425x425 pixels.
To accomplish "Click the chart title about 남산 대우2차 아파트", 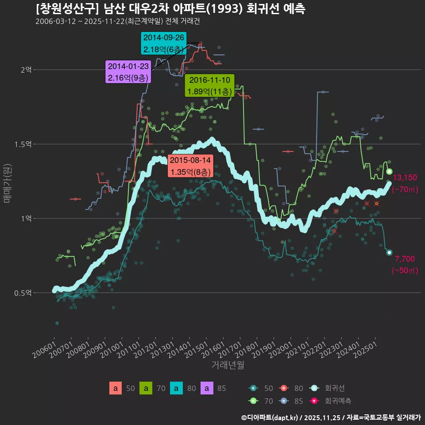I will point(170,9).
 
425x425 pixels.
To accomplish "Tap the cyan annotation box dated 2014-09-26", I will point(163,43).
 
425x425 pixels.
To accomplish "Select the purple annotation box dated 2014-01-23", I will point(128,72).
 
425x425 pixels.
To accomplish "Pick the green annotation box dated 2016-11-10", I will point(209,86).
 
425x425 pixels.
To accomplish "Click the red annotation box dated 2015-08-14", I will point(190,166).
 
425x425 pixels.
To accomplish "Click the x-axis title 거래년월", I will point(228,365).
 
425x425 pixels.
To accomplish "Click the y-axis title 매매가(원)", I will point(7,181).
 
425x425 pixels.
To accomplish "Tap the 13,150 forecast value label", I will point(405,178).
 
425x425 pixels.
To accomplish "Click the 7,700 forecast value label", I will point(404,259).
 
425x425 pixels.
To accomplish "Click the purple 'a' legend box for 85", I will point(207,389).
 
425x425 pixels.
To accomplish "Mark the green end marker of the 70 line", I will point(389,172).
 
